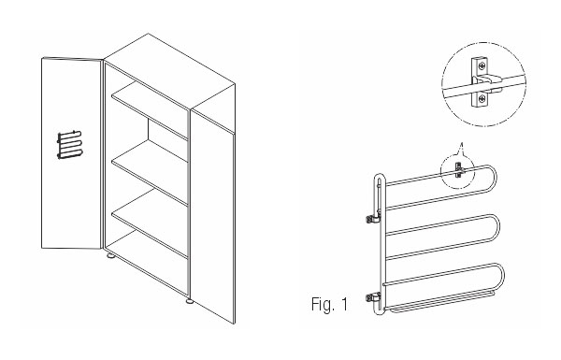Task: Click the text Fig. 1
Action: [329, 304]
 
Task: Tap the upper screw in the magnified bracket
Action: [482, 65]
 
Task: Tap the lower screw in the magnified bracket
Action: [482, 97]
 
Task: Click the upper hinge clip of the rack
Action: [373, 218]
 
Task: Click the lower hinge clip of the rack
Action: [373, 297]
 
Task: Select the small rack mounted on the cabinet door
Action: [70, 145]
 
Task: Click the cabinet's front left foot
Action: [111, 256]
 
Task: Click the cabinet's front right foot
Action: [189, 301]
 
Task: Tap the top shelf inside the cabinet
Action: [151, 109]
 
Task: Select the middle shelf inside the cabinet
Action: [151, 171]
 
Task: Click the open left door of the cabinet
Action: [72, 152]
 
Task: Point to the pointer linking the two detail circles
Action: [460, 150]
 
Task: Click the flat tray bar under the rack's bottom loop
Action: [442, 303]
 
